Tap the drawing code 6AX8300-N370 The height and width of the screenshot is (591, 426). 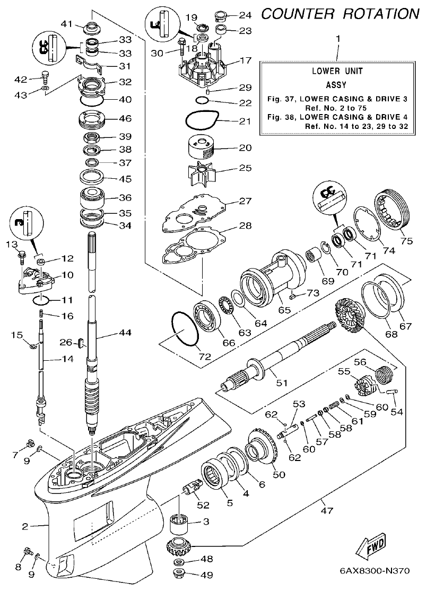[x=375, y=572]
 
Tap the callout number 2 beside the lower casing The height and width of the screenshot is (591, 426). [x=25, y=526]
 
